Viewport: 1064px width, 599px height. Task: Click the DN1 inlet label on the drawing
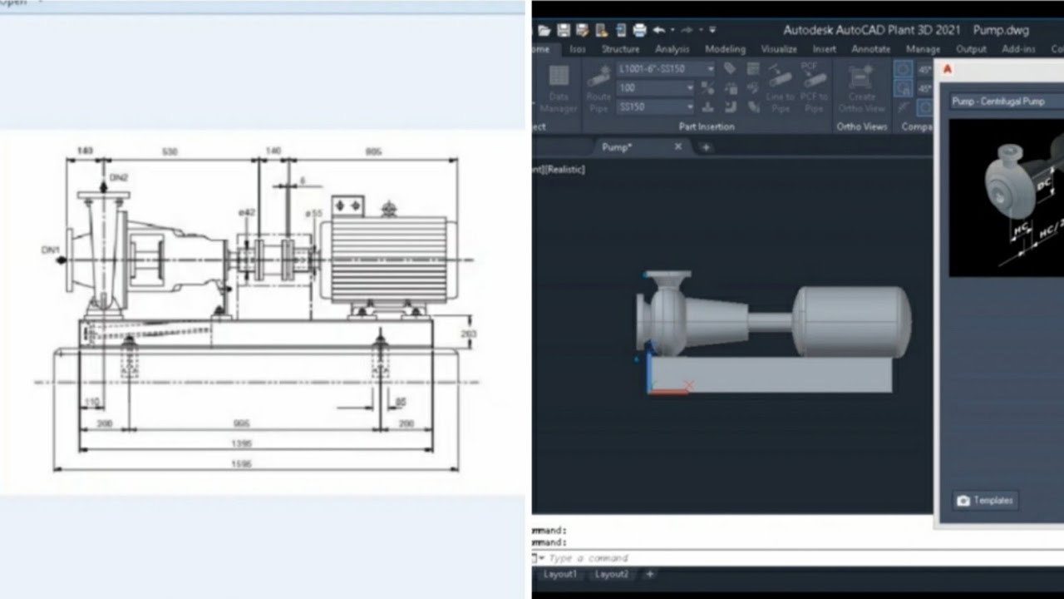pos(51,250)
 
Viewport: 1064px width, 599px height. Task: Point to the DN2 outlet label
pos(119,178)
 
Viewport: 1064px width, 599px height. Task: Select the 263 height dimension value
pos(468,334)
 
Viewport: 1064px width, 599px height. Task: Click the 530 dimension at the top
pos(170,151)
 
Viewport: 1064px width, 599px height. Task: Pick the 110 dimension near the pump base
pos(91,402)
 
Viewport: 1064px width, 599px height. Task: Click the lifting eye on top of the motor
pos(387,208)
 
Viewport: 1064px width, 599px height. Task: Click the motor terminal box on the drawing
pos(347,205)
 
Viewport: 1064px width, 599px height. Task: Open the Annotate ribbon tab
pos(871,49)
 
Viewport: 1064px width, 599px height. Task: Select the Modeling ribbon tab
pos(725,49)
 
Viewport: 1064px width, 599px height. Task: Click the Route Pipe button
pos(598,90)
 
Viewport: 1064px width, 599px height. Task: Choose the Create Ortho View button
pos(862,90)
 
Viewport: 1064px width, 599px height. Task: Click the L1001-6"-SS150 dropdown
pos(665,69)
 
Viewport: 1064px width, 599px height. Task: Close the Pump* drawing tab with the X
pos(677,146)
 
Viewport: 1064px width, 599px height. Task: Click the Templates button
pos(985,501)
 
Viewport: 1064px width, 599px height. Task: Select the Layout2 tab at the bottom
pos(612,574)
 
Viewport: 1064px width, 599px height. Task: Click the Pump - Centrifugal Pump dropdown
pos(1006,101)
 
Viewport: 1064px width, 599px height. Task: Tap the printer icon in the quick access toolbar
pos(639,31)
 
